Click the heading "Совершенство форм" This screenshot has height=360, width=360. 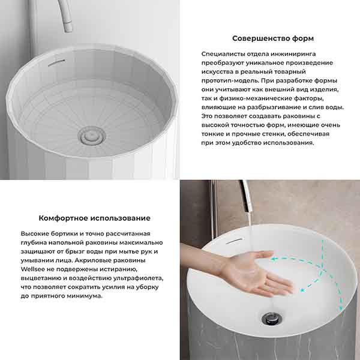coord(273,38)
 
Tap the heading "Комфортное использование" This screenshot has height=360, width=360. coord(94,218)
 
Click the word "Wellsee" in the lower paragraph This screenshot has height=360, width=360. coord(31,269)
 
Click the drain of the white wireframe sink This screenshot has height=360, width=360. coord(92,136)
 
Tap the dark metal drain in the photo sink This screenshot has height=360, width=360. coord(272,319)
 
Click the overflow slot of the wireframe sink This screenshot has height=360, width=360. coord(56,62)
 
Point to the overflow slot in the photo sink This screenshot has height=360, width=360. coord(234,241)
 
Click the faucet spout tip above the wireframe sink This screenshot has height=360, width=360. coord(68,27)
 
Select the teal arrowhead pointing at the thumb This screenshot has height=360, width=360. coord(273,259)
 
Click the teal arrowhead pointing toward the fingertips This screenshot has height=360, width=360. coord(303,290)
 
